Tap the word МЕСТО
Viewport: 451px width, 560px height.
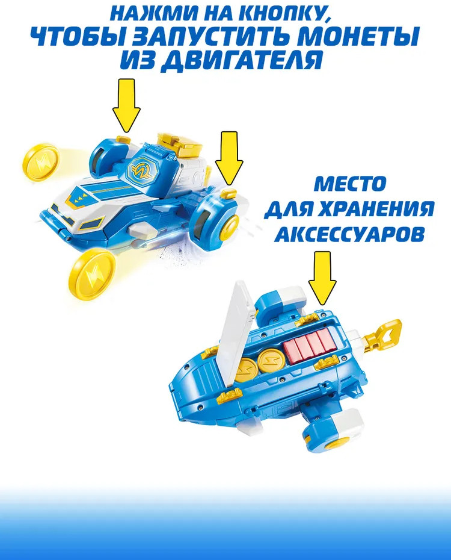pyautogui.click(x=350, y=184)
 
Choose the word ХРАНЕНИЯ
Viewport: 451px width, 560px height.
pyautogui.click(x=375, y=209)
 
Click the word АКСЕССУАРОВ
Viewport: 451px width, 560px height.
pyautogui.click(x=351, y=234)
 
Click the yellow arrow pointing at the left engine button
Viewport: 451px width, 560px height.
pyautogui.click(x=126, y=106)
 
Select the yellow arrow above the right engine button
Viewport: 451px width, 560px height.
pyautogui.click(x=229, y=158)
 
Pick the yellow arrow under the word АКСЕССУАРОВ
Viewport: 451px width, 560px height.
pyautogui.click(x=322, y=279)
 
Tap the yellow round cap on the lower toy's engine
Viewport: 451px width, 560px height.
pyautogui.click(x=337, y=444)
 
